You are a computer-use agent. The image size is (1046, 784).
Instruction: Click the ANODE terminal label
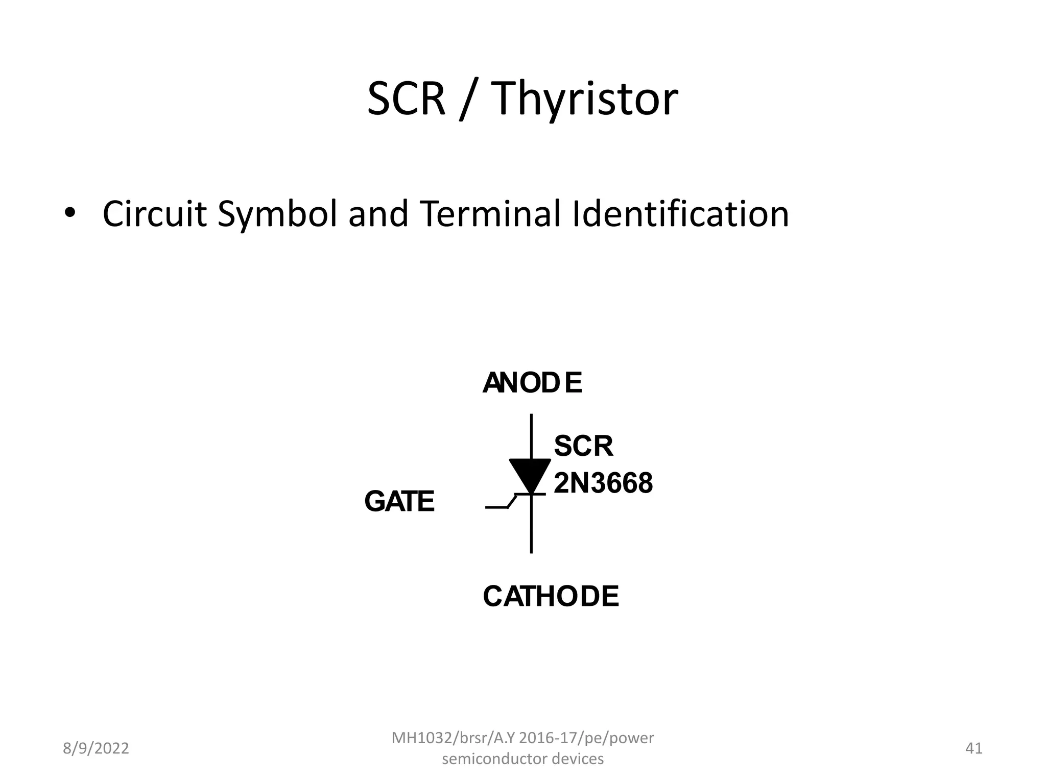tap(532, 383)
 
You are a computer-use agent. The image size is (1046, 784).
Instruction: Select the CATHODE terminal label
tap(551, 596)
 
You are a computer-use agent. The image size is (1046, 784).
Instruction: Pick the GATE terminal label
tap(399, 501)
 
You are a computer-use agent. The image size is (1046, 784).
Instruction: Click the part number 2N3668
tap(603, 483)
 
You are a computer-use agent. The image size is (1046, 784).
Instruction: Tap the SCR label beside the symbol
tap(583, 446)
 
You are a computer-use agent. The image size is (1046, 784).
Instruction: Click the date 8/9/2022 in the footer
tap(96, 748)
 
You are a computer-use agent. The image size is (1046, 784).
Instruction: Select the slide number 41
tap(974, 748)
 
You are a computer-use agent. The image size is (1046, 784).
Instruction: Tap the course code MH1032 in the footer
tap(419, 738)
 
